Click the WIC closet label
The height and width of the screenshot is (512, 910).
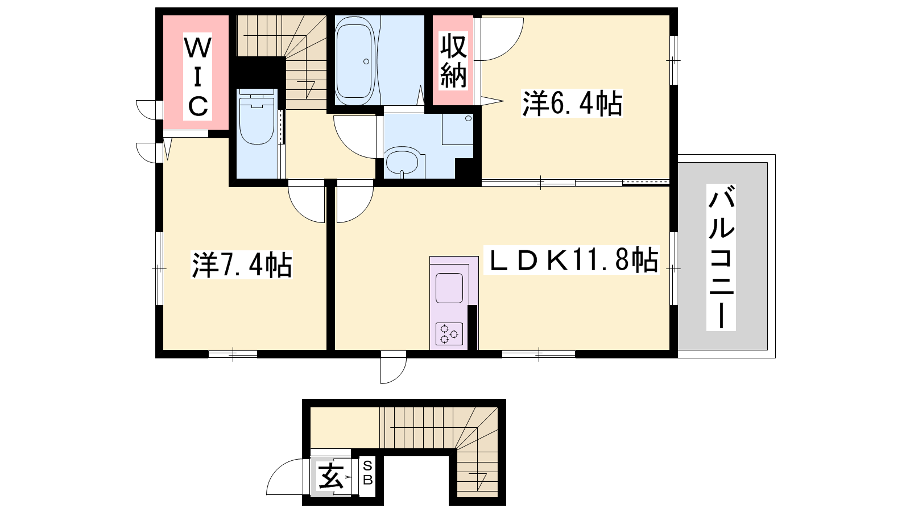click(197, 76)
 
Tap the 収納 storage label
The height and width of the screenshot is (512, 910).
click(453, 61)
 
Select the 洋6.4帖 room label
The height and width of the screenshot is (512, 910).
click(572, 104)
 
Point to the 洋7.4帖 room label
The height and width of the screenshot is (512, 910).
click(242, 265)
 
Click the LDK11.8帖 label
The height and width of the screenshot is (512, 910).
click(571, 259)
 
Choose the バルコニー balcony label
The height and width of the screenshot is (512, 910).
click(721, 257)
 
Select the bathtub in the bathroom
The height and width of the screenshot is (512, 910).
click(354, 60)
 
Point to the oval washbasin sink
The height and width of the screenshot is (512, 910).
click(402, 162)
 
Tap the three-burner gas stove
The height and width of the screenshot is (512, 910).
click(449, 333)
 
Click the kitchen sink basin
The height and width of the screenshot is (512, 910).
click(449, 288)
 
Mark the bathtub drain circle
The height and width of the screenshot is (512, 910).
click(366, 61)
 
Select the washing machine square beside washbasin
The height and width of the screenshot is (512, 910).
click(458, 129)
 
